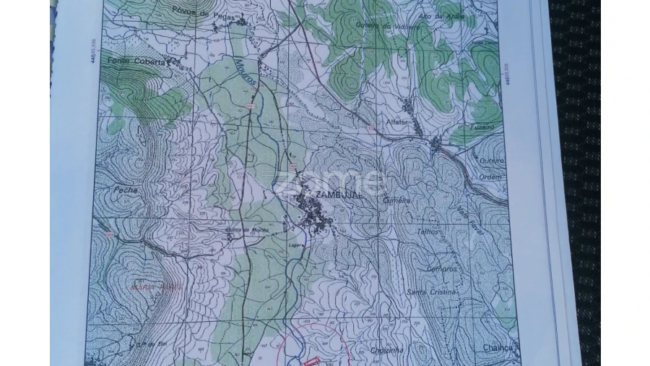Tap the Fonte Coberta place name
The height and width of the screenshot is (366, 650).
128,61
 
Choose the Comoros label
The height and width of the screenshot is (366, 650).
441,268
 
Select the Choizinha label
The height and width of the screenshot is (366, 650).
389,349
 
